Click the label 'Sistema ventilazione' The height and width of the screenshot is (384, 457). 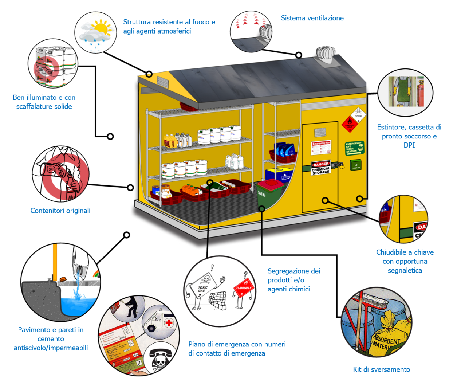point(312,18)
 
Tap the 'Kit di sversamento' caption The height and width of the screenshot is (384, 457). point(381,369)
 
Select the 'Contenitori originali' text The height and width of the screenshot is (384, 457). point(60,211)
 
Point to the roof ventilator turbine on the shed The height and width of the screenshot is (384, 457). point(325,56)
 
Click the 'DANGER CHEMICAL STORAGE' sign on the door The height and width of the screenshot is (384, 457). point(321,168)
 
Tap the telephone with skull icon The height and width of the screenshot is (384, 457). point(159,359)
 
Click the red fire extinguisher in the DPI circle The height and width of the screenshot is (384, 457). point(421,93)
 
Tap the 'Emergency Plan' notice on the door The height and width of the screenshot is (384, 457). point(321,148)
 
